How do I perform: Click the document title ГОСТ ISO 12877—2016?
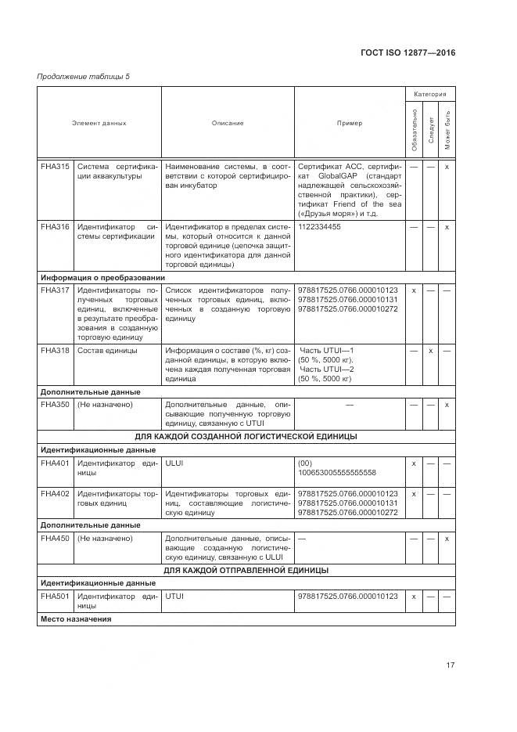pos(407,52)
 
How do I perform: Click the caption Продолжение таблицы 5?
pos(84,76)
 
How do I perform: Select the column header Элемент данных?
pos(99,123)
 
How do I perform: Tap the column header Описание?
pos(228,123)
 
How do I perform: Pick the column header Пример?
pos(350,123)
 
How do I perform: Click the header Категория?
pos(430,94)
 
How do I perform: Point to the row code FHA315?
pos(55,167)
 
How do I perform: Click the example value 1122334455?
pos(320,227)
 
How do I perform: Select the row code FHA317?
pos(55,290)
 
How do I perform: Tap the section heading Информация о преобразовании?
pos(102,277)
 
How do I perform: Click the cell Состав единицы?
pos(107,351)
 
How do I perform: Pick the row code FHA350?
pos(55,405)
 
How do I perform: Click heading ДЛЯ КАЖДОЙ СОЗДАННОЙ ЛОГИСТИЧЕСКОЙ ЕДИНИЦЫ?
pos(246,435)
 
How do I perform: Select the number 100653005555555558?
pos(337,473)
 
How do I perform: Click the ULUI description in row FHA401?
pos(174,463)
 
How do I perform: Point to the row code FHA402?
pos(55,494)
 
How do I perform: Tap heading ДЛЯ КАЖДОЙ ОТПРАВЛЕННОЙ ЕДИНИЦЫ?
pos(246,570)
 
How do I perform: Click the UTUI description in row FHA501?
pos(174,597)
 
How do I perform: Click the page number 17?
pos(450,665)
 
